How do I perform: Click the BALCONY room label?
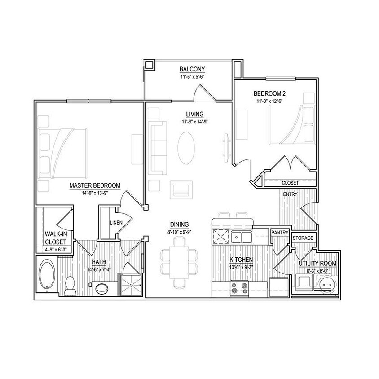(x=192, y=69)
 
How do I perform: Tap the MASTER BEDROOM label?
(x=95, y=185)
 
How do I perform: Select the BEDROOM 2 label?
(x=269, y=93)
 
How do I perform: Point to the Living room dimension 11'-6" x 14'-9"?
(x=195, y=121)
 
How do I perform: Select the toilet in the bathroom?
(x=70, y=286)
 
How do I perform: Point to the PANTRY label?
(x=279, y=233)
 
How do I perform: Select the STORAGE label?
(x=303, y=238)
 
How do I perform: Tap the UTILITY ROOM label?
(x=317, y=263)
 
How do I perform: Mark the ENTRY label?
(x=291, y=194)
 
